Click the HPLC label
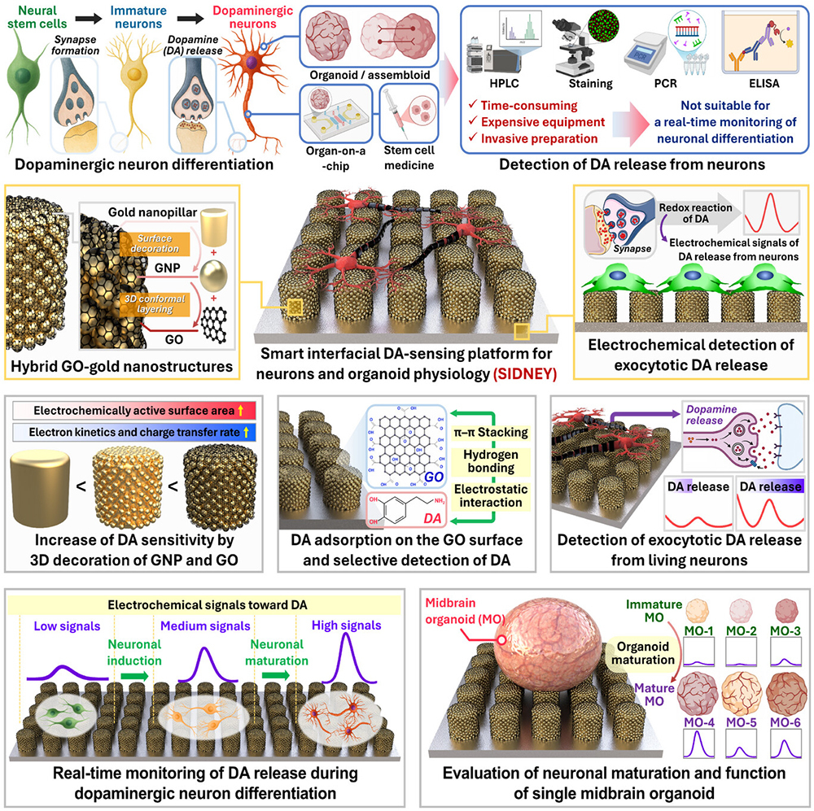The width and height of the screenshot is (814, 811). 504,84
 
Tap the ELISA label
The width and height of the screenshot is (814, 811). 764,84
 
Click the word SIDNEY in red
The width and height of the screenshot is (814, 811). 525,373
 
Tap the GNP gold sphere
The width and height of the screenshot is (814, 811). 212,276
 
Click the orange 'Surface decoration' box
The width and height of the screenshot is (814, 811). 155,243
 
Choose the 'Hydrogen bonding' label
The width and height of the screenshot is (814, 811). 491,460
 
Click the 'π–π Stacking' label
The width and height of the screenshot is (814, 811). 491,432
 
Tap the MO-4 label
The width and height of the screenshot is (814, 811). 698,722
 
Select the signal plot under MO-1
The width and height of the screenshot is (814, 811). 698,652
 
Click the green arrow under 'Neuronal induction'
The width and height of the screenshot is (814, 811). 134,676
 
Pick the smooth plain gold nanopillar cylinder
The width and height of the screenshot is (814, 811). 40,488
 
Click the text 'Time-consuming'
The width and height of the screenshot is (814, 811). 529,105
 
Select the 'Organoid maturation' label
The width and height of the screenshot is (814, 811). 643,653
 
